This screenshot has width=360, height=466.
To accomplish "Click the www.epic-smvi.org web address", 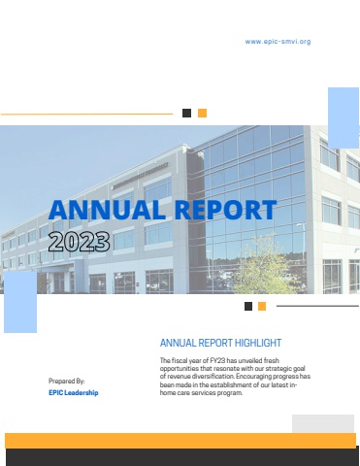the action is click(278, 42).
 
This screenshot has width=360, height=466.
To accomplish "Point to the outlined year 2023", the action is click(80, 242).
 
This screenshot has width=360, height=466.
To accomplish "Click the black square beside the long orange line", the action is click(186, 113).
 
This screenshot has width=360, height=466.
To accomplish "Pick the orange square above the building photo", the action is click(202, 113).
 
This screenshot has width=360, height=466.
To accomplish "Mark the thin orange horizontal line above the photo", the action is click(86, 114).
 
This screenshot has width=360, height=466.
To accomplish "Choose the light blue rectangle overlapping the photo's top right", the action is click(344, 117).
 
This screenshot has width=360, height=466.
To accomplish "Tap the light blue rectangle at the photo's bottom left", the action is click(20, 302).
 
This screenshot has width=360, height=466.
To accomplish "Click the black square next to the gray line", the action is click(248, 306).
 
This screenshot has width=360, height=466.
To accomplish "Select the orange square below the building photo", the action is click(262, 306).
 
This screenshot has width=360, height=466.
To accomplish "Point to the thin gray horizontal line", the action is click(317, 306).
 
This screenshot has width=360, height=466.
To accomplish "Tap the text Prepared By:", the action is click(67, 381).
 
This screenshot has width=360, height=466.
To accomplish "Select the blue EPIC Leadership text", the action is click(74, 392).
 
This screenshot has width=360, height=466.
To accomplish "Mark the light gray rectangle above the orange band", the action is click(323, 423).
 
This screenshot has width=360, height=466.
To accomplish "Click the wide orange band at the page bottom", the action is click(180, 441).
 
